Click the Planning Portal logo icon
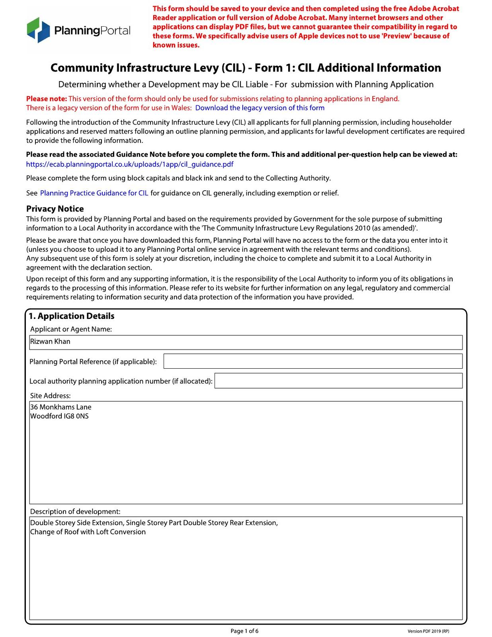[38, 30]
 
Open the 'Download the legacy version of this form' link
[260, 108]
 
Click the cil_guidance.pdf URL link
[130, 164]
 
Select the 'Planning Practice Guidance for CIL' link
[94, 193]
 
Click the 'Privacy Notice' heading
[55, 209]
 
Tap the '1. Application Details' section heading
[72, 316]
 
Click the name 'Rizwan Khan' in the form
[50, 342]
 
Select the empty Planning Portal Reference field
[313, 361]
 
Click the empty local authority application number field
[338, 381]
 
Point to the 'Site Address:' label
[50, 396]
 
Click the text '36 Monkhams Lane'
[61, 407]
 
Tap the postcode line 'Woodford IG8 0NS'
[60, 416]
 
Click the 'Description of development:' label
[75, 512]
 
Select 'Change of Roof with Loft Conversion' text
[88, 532]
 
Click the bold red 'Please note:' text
[47, 99]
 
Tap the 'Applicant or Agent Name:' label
[71, 329]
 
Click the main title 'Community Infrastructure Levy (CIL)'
[147, 68]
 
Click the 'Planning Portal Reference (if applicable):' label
[93, 362]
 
